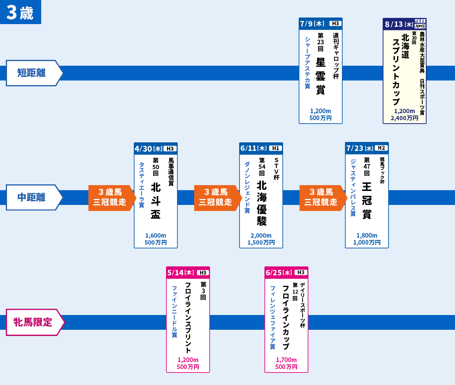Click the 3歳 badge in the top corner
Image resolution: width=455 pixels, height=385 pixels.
pos(20,12)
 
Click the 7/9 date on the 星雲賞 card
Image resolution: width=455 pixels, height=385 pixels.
pos(306,23)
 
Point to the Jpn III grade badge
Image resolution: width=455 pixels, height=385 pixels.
pos(420,26)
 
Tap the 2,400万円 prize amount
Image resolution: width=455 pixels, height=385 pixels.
pos(404,118)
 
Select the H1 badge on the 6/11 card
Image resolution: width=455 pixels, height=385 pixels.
pos(275,148)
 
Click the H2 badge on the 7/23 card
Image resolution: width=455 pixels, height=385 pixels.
pos(381,148)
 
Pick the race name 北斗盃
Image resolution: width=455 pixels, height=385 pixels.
pos(156,201)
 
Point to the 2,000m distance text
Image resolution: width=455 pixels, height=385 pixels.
pos(261,235)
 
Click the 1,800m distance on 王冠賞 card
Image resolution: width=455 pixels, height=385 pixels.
pos(367,235)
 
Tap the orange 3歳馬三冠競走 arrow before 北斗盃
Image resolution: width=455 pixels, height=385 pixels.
pos(110,198)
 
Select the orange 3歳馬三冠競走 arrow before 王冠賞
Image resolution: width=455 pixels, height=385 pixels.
pos(322,198)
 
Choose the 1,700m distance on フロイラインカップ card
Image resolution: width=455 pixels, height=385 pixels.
pos(286,360)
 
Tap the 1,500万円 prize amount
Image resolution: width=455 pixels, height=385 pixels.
pos(261,243)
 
